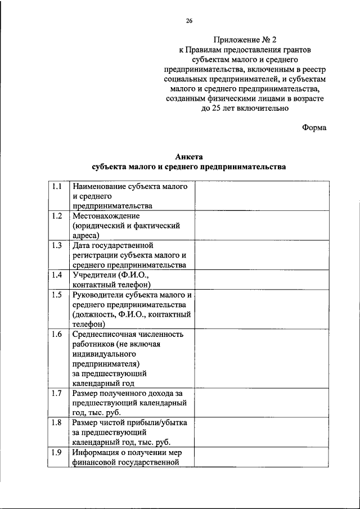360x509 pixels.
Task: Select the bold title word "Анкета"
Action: point(188,157)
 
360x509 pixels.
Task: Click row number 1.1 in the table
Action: point(56,186)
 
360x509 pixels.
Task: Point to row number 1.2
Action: point(56,216)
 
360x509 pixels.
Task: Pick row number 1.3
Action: point(56,246)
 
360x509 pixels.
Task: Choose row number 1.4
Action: point(56,275)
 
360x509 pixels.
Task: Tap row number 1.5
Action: point(56,295)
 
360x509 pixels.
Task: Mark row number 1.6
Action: point(56,334)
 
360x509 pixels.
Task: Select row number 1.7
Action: point(56,393)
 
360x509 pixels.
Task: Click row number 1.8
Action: point(56,422)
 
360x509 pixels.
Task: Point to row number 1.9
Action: point(56,452)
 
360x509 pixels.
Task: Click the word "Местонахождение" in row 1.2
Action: point(106,216)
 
